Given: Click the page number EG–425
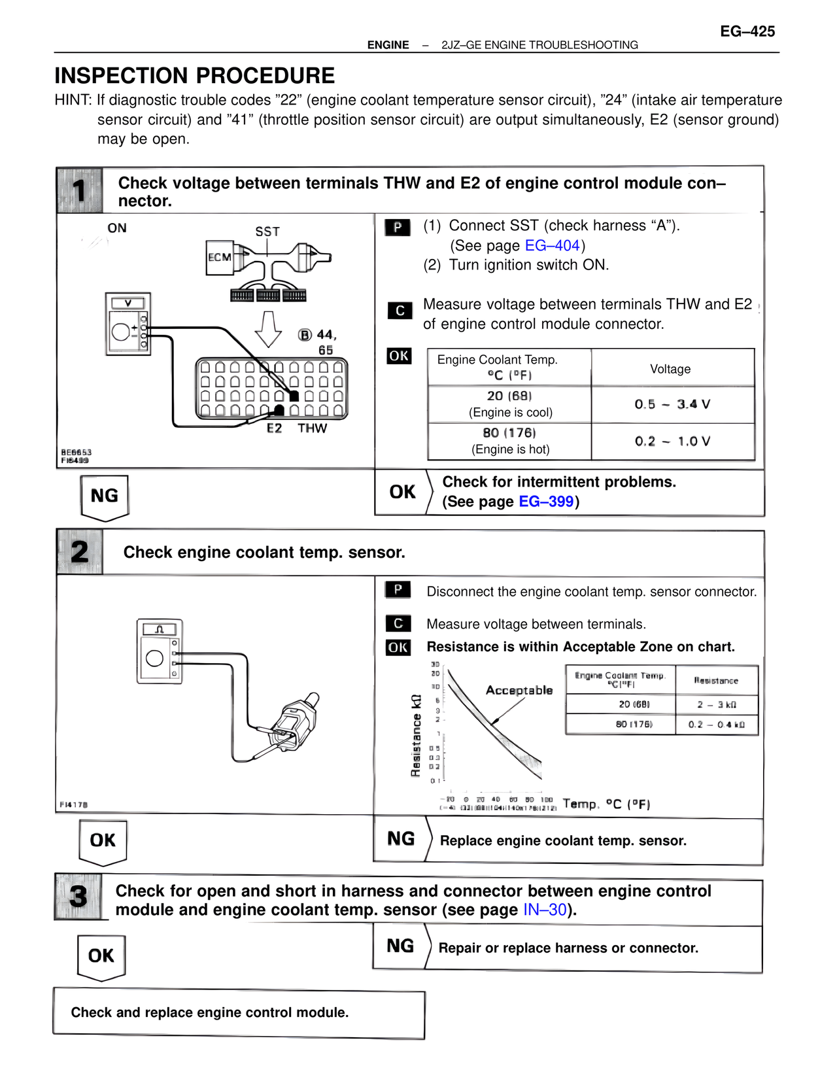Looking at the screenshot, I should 747,31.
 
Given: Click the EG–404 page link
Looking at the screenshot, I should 553,246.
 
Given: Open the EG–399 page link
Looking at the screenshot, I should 546,502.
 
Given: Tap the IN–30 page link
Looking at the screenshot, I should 545,910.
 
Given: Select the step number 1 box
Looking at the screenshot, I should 80,190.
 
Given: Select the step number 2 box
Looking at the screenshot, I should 80,552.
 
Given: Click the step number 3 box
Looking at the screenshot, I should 78,896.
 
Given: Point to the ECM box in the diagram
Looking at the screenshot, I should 220,258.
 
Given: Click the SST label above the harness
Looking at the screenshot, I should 267,232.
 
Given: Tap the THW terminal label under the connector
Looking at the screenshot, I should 312,428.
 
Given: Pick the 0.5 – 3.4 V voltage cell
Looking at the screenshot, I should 672,404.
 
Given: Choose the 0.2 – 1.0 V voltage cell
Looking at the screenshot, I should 672,441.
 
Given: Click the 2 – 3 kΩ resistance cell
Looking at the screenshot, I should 716,704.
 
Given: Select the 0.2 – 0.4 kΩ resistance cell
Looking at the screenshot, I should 716,725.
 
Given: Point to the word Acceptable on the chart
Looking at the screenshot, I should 519,690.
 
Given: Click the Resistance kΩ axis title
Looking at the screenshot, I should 416,735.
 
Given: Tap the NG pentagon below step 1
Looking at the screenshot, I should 105,496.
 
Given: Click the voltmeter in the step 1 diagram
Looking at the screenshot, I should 128,324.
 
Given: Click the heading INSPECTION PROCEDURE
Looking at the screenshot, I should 194,76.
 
